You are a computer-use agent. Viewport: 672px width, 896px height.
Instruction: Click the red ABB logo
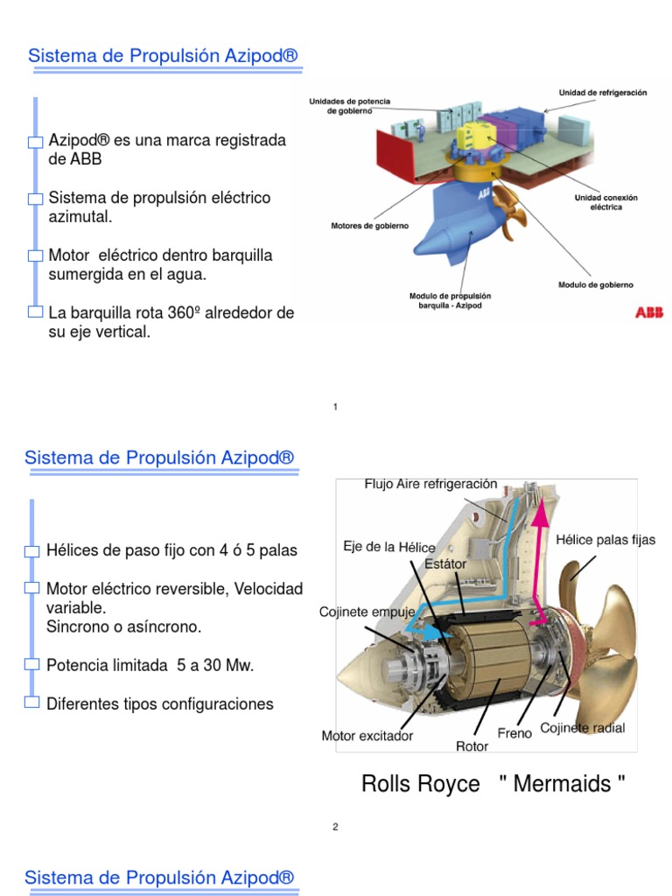tap(648, 312)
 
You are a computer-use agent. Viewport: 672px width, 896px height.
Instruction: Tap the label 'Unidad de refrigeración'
tap(603, 93)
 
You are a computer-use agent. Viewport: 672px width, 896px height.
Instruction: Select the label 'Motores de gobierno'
tap(369, 226)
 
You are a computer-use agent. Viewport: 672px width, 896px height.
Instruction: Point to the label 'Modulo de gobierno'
tap(595, 284)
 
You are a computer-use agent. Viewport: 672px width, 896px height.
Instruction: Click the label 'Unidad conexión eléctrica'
tap(605, 203)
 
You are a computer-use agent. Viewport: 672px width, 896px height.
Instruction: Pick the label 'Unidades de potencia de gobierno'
tap(349, 106)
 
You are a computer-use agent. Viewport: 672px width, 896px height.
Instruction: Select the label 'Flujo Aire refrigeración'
tap(430, 484)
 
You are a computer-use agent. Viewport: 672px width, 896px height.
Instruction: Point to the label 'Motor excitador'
tap(367, 736)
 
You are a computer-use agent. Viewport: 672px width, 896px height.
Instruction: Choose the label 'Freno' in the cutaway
tap(514, 733)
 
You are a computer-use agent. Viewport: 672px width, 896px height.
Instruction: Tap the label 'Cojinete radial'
tap(582, 728)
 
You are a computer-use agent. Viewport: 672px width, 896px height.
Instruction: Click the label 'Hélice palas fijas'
tap(605, 540)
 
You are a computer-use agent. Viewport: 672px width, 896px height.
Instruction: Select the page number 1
tap(336, 407)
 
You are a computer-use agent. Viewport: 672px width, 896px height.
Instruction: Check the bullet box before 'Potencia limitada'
tap(32, 665)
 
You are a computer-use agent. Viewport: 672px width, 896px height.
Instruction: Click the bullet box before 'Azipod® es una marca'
tap(35, 142)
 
